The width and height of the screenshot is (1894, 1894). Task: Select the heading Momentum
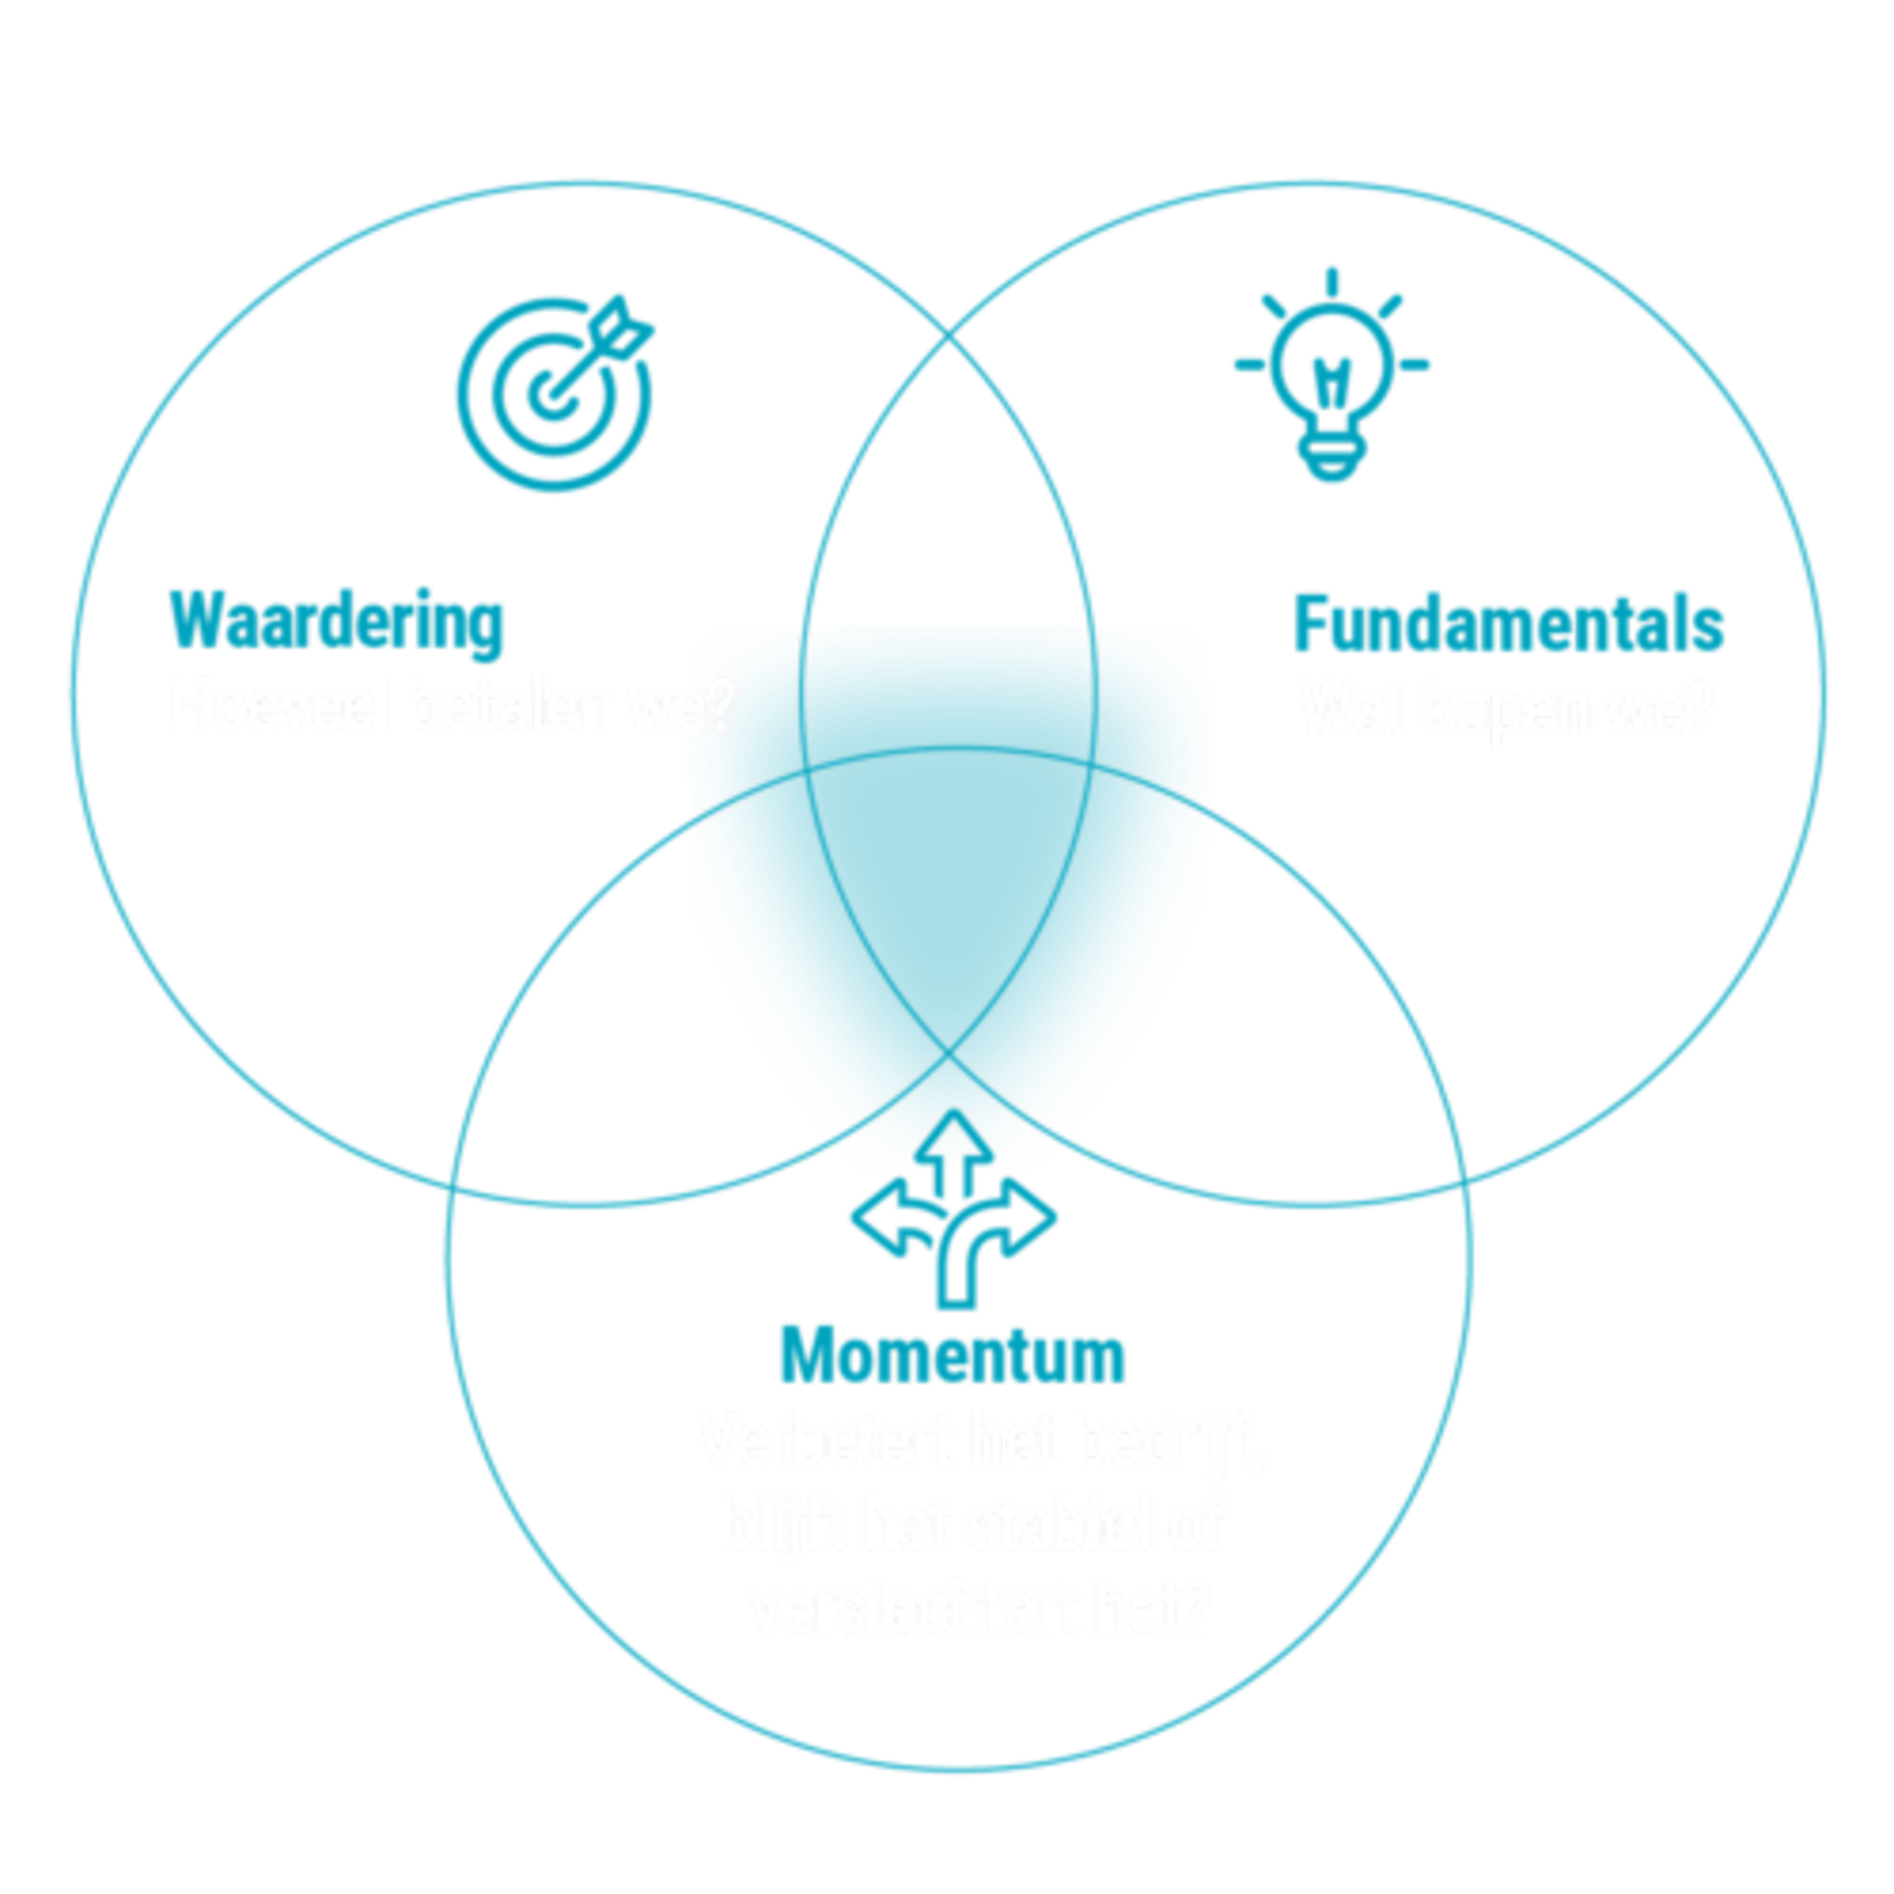[x=952, y=1353]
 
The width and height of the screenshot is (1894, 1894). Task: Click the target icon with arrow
[x=555, y=392]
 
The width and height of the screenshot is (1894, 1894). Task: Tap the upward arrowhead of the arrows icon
[x=953, y=1127]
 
